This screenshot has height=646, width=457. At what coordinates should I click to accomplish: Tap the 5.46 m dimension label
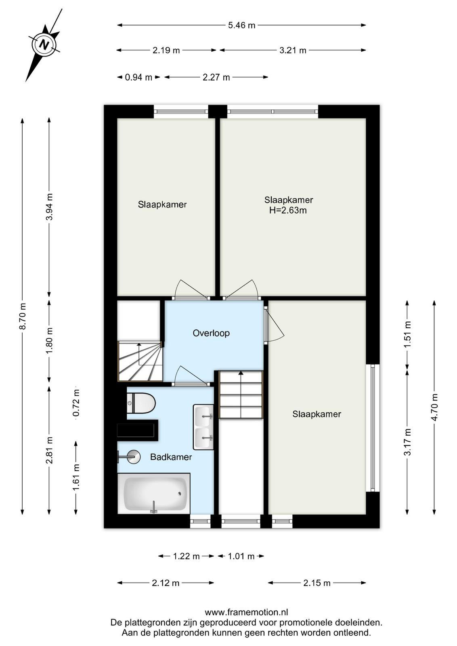point(241,25)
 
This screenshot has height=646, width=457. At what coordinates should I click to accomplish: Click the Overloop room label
point(211,333)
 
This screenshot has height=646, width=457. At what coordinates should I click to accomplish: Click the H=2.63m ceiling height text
point(288,210)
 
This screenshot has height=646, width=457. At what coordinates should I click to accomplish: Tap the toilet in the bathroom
point(141,403)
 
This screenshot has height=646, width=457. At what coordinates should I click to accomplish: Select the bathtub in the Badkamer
point(154,493)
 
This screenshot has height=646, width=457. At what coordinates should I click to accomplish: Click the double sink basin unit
point(203,427)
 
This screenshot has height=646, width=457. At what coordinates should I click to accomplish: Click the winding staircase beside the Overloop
point(140,361)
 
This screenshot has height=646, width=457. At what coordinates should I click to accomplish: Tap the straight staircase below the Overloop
point(241,394)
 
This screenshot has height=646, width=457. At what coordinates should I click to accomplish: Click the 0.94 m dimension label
point(138,77)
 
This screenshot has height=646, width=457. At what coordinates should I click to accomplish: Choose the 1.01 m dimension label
point(241,556)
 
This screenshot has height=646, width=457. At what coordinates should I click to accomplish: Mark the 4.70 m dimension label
point(435,407)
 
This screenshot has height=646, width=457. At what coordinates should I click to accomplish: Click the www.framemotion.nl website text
point(246,612)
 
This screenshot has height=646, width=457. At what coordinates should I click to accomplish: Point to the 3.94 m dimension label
point(50,207)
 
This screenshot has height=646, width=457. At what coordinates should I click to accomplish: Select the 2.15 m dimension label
point(317,583)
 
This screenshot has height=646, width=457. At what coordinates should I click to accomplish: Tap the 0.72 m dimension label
point(76,403)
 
